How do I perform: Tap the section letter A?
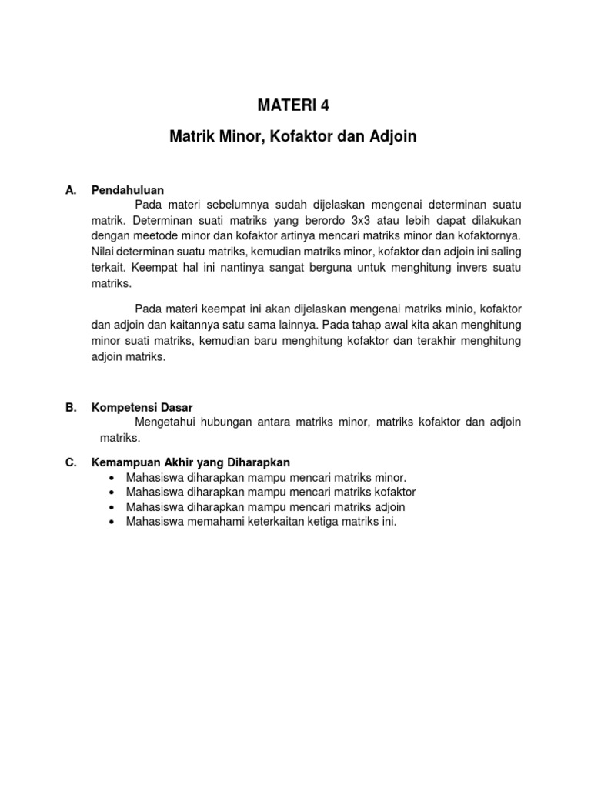[71, 190]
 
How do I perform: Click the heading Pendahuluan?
[128, 190]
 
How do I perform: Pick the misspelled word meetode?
[155, 234]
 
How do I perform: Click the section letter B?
[71, 408]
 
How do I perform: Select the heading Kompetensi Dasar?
[142, 408]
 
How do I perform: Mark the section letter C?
[71, 462]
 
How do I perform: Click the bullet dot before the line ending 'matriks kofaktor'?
[113, 492]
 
